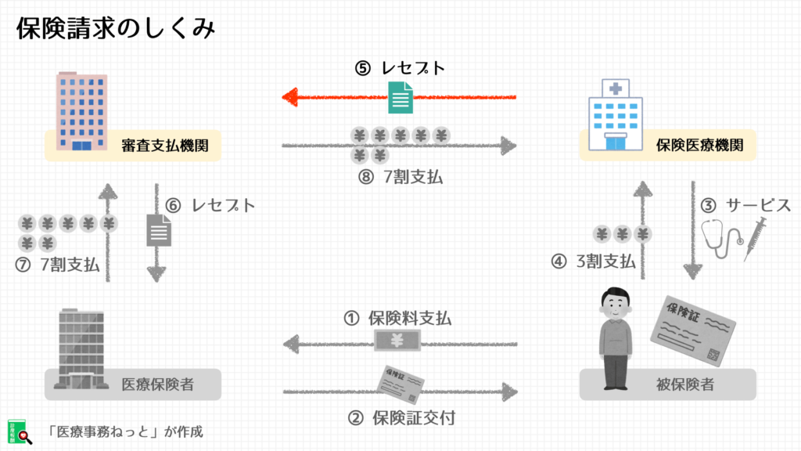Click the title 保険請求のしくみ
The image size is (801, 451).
[116, 28]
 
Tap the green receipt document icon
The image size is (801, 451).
[400, 97]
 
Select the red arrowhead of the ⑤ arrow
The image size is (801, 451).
[290, 97]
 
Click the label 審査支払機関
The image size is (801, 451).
[165, 146]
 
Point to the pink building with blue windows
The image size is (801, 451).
[81, 111]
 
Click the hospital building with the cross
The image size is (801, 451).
[615, 115]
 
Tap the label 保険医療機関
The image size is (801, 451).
[699, 145]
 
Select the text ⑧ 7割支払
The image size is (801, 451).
[400, 177]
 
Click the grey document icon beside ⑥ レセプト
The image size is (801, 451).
[159, 231]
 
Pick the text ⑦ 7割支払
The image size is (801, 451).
[57, 265]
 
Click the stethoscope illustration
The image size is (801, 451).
[721, 238]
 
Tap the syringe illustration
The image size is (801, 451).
[756, 238]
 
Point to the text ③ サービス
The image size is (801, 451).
[745, 206]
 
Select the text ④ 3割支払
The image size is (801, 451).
[593, 262]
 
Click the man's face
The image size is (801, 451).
[616, 305]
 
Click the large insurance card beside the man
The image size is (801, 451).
[693, 330]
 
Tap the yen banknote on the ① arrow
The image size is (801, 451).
[397, 340]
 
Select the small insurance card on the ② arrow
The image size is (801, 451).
[401, 385]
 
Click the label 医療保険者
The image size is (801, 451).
[158, 384]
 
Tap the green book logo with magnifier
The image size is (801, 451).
[20, 432]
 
